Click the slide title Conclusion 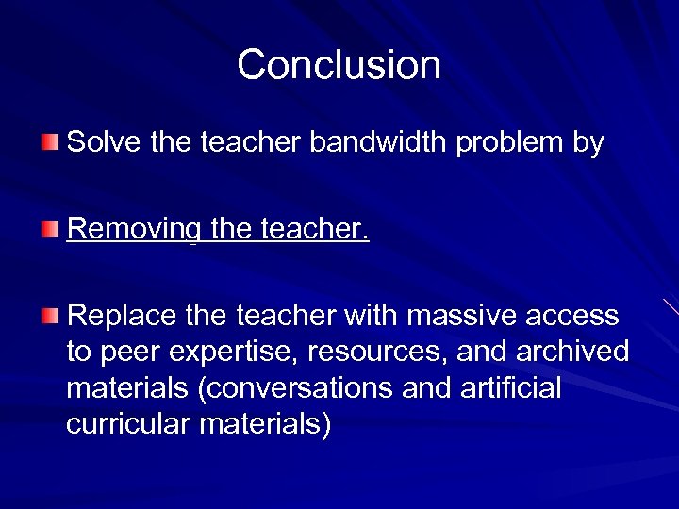click(x=339, y=65)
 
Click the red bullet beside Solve click(x=51, y=143)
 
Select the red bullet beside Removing click(x=51, y=229)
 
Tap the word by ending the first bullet click(x=589, y=145)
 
